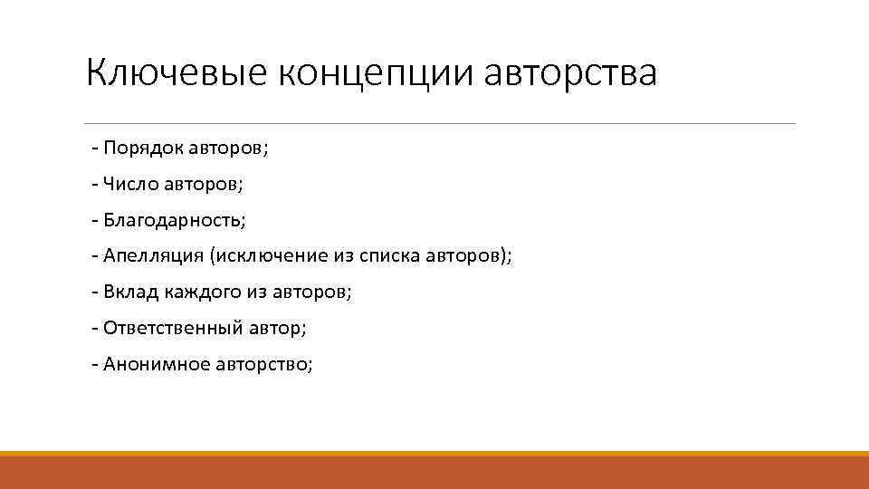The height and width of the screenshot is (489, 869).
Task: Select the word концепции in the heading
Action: point(377,73)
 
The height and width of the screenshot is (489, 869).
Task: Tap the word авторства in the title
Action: point(571,73)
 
